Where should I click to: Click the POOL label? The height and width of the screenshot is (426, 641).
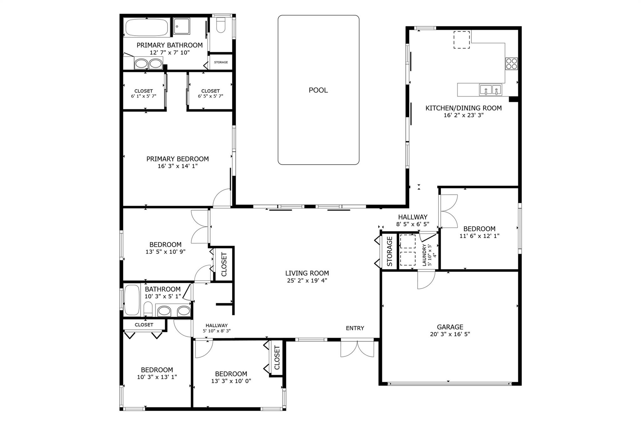[318, 90]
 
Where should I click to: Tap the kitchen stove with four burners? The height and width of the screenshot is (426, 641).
[511, 63]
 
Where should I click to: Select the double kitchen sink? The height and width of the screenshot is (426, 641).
[490, 90]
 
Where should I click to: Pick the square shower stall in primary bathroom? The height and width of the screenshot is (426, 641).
[182, 26]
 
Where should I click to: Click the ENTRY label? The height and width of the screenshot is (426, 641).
[355, 328]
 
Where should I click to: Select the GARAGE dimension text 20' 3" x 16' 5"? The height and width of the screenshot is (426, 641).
[450, 334]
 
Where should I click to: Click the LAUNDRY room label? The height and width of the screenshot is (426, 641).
[424, 255]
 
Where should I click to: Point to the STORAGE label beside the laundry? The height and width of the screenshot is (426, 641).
[390, 251]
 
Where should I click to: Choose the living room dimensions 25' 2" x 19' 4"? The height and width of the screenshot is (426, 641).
[307, 281]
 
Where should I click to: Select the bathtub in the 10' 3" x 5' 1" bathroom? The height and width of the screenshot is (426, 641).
[132, 300]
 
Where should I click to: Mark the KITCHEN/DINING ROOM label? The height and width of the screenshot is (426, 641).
[464, 108]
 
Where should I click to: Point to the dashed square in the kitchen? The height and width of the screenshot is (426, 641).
[462, 40]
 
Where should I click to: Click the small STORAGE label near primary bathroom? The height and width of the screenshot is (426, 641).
[221, 62]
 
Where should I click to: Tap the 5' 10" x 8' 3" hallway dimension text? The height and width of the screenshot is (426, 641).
[217, 331]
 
